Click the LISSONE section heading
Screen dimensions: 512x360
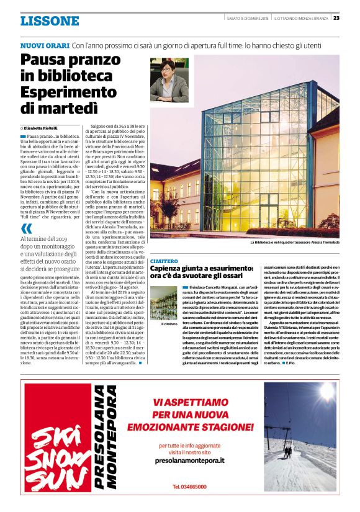tap(50, 21)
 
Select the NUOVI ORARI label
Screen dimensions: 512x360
tap(44, 46)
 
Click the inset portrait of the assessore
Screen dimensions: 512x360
tap(169, 80)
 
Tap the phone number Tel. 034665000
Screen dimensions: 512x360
tap(189, 486)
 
